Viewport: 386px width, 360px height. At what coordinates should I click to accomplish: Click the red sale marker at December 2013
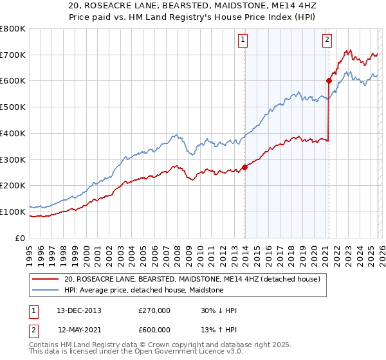[244, 167]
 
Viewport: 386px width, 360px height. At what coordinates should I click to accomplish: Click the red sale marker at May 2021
[329, 80]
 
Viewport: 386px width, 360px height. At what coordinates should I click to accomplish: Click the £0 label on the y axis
[21, 238]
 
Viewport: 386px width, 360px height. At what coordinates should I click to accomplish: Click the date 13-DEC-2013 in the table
[79, 310]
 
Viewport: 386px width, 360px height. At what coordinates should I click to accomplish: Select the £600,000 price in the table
[154, 329]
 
